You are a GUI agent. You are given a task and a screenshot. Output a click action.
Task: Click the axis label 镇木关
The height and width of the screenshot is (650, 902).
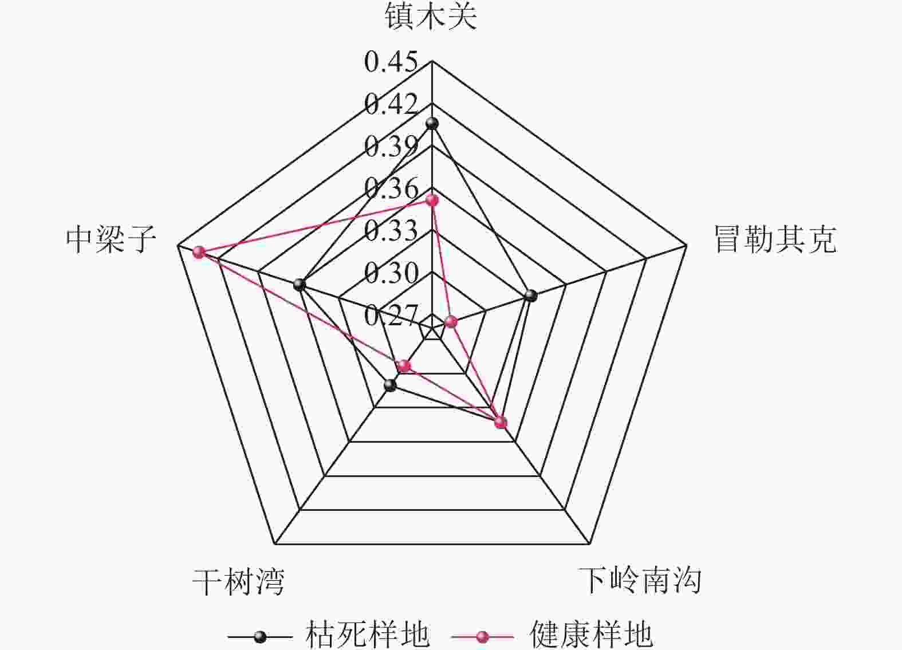(x=431, y=17)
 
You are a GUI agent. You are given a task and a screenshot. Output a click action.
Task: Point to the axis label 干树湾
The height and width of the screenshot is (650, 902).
(x=238, y=582)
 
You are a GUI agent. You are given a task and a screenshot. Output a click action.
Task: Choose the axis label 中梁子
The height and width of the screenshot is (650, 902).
(x=111, y=239)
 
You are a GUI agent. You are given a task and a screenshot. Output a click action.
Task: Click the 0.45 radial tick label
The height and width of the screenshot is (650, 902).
(x=391, y=62)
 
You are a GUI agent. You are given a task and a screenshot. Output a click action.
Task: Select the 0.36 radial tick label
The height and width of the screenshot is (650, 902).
(x=391, y=188)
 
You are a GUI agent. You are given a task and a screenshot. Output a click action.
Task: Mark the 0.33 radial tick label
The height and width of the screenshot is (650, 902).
(x=391, y=230)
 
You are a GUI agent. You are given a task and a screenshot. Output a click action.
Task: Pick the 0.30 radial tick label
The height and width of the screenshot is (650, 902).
(x=391, y=273)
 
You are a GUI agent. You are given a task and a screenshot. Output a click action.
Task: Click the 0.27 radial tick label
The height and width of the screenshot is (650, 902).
(x=391, y=315)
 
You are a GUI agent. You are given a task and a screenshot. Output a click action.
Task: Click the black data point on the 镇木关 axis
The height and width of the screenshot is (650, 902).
(x=432, y=124)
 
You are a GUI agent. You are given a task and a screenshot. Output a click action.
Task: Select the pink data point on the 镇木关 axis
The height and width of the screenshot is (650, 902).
(x=432, y=200)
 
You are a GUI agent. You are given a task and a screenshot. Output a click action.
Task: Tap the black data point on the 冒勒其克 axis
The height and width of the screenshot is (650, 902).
(x=531, y=296)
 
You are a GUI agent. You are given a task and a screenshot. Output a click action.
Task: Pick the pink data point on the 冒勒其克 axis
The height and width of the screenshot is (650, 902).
(x=451, y=322)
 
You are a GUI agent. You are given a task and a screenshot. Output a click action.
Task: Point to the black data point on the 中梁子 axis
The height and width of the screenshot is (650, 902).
(x=299, y=285)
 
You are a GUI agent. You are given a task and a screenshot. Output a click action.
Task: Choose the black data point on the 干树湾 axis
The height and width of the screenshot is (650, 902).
(x=390, y=385)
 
